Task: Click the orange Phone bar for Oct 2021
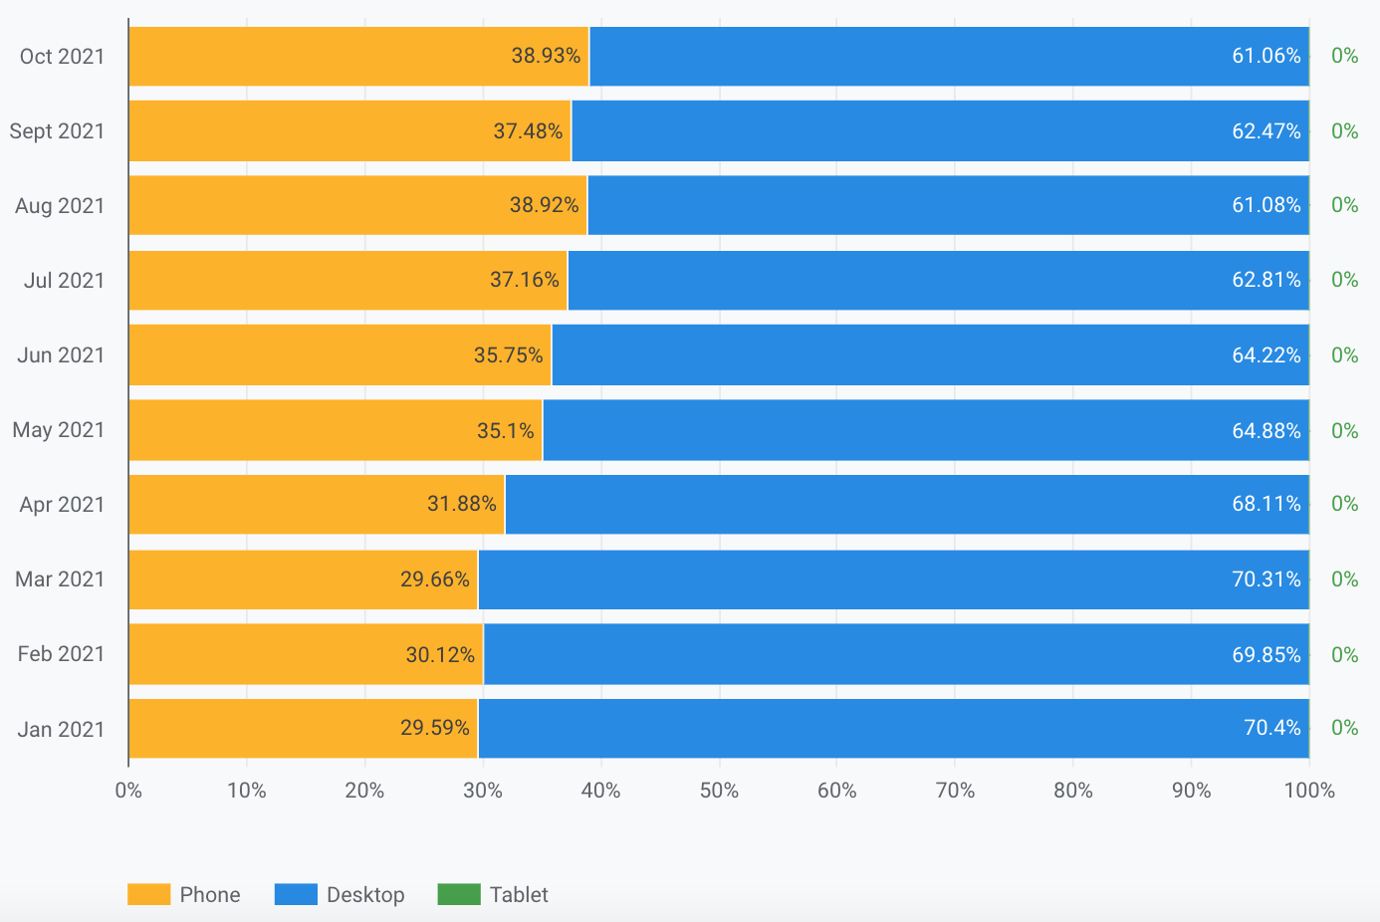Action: tap(358, 57)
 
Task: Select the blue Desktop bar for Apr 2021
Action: tap(906, 505)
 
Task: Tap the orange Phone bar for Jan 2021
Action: tap(303, 729)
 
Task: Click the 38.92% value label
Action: tap(544, 205)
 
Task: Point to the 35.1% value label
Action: tap(506, 431)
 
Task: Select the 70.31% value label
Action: tap(1266, 579)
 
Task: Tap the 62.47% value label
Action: tap(1266, 131)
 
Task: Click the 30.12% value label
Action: tap(440, 655)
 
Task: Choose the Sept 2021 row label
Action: tap(57, 131)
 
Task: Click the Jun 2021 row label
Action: tap(61, 355)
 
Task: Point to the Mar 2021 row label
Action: tap(60, 579)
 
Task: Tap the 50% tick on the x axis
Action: tap(719, 791)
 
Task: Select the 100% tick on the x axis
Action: tap(1309, 791)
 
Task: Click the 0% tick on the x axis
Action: tap(128, 791)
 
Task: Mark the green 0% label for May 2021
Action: tap(1344, 431)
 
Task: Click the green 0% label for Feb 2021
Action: tap(1344, 655)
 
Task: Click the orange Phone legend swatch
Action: tap(149, 894)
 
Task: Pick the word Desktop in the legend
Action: tap(365, 895)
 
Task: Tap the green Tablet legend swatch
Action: tap(459, 894)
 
